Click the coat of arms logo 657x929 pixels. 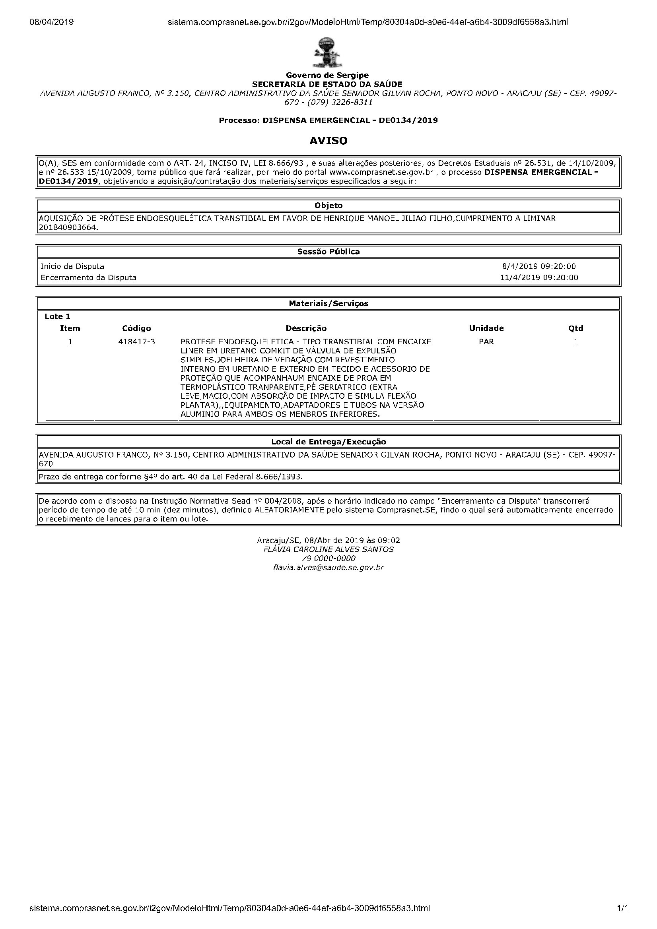pos(328,52)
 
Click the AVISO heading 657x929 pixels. pos(328,141)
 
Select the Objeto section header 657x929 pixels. pos(328,206)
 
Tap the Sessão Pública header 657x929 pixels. pos(328,252)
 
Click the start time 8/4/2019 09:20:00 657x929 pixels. pos(539,266)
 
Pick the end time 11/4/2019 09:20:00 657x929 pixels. pos(539,277)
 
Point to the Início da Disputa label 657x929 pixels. pos(72,266)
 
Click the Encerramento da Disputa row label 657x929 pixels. pos(89,277)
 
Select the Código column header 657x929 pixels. pos(136,328)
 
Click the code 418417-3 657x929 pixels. pos(136,341)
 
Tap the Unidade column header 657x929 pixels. pos(486,328)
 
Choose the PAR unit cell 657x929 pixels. pos(486,341)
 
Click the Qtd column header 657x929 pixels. pos(575,328)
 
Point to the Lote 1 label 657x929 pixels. pos(58,316)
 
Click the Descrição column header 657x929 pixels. pos(306,328)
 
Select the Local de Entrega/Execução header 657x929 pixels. pos(328,442)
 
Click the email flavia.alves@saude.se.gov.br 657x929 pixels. pos(328,567)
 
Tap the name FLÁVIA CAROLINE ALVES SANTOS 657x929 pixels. pos(328,549)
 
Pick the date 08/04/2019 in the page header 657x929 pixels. pos(51,22)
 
